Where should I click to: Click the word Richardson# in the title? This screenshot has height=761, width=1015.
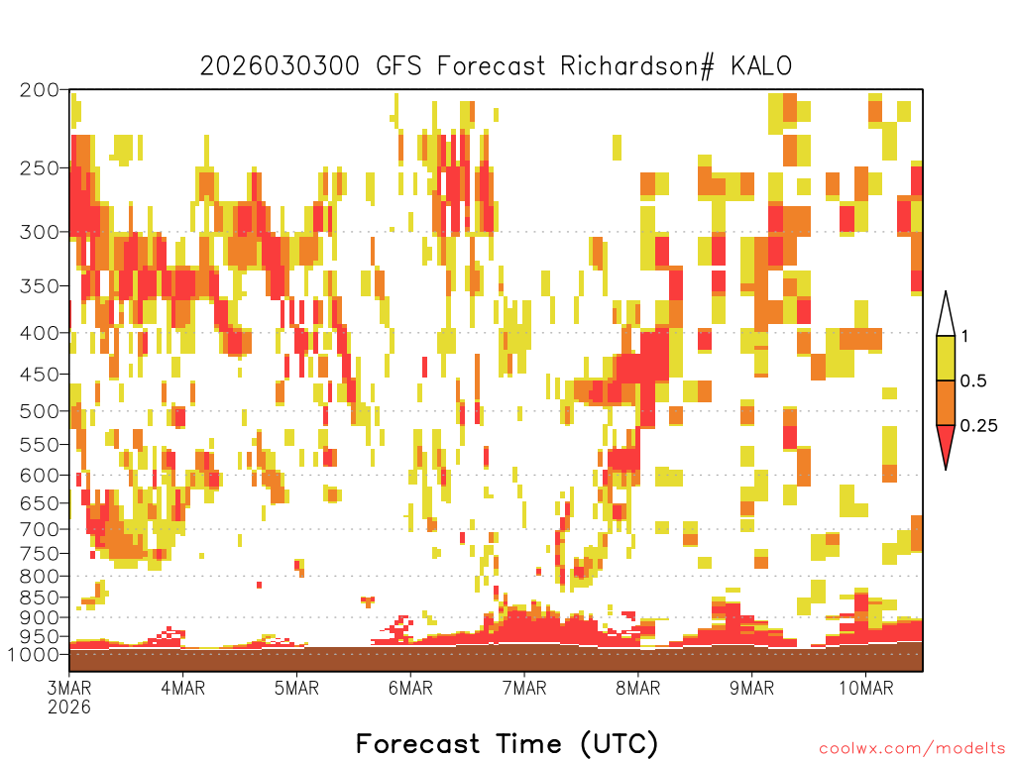pyautogui.click(x=637, y=66)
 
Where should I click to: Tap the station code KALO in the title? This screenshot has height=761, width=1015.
pyautogui.click(x=761, y=66)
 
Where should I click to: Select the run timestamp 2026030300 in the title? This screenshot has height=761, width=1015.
pyautogui.click(x=280, y=66)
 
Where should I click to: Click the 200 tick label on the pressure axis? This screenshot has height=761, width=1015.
pyautogui.click(x=40, y=90)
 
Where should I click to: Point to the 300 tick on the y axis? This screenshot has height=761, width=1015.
pyautogui.click(x=40, y=232)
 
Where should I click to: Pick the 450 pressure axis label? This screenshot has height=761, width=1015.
pyautogui.click(x=40, y=374)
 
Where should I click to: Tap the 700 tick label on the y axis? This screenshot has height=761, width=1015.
pyautogui.click(x=40, y=529)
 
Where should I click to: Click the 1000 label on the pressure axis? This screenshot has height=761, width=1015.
pyautogui.click(x=35, y=654)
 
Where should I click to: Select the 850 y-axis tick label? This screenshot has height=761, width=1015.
pyautogui.click(x=40, y=598)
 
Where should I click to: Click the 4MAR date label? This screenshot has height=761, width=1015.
pyautogui.click(x=183, y=688)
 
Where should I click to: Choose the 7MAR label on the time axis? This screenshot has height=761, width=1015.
pyautogui.click(x=524, y=688)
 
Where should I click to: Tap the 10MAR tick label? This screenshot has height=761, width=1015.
pyautogui.click(x=866, y=688)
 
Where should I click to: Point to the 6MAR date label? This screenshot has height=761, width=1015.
pyautogui.click(x=410, y=688)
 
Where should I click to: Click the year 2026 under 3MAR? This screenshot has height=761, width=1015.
pyautogui.click(x=69, y=707)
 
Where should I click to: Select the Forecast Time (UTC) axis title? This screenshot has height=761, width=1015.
pyautogui.click(x=507, y=743)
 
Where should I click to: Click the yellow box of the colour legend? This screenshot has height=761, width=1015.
pyautogui.click(x=946, y=358)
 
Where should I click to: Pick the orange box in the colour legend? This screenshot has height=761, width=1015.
pyautogui.click(x=946, y=402)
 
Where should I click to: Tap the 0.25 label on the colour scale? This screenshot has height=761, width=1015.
pyautogui.click(x=978, y=426)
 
